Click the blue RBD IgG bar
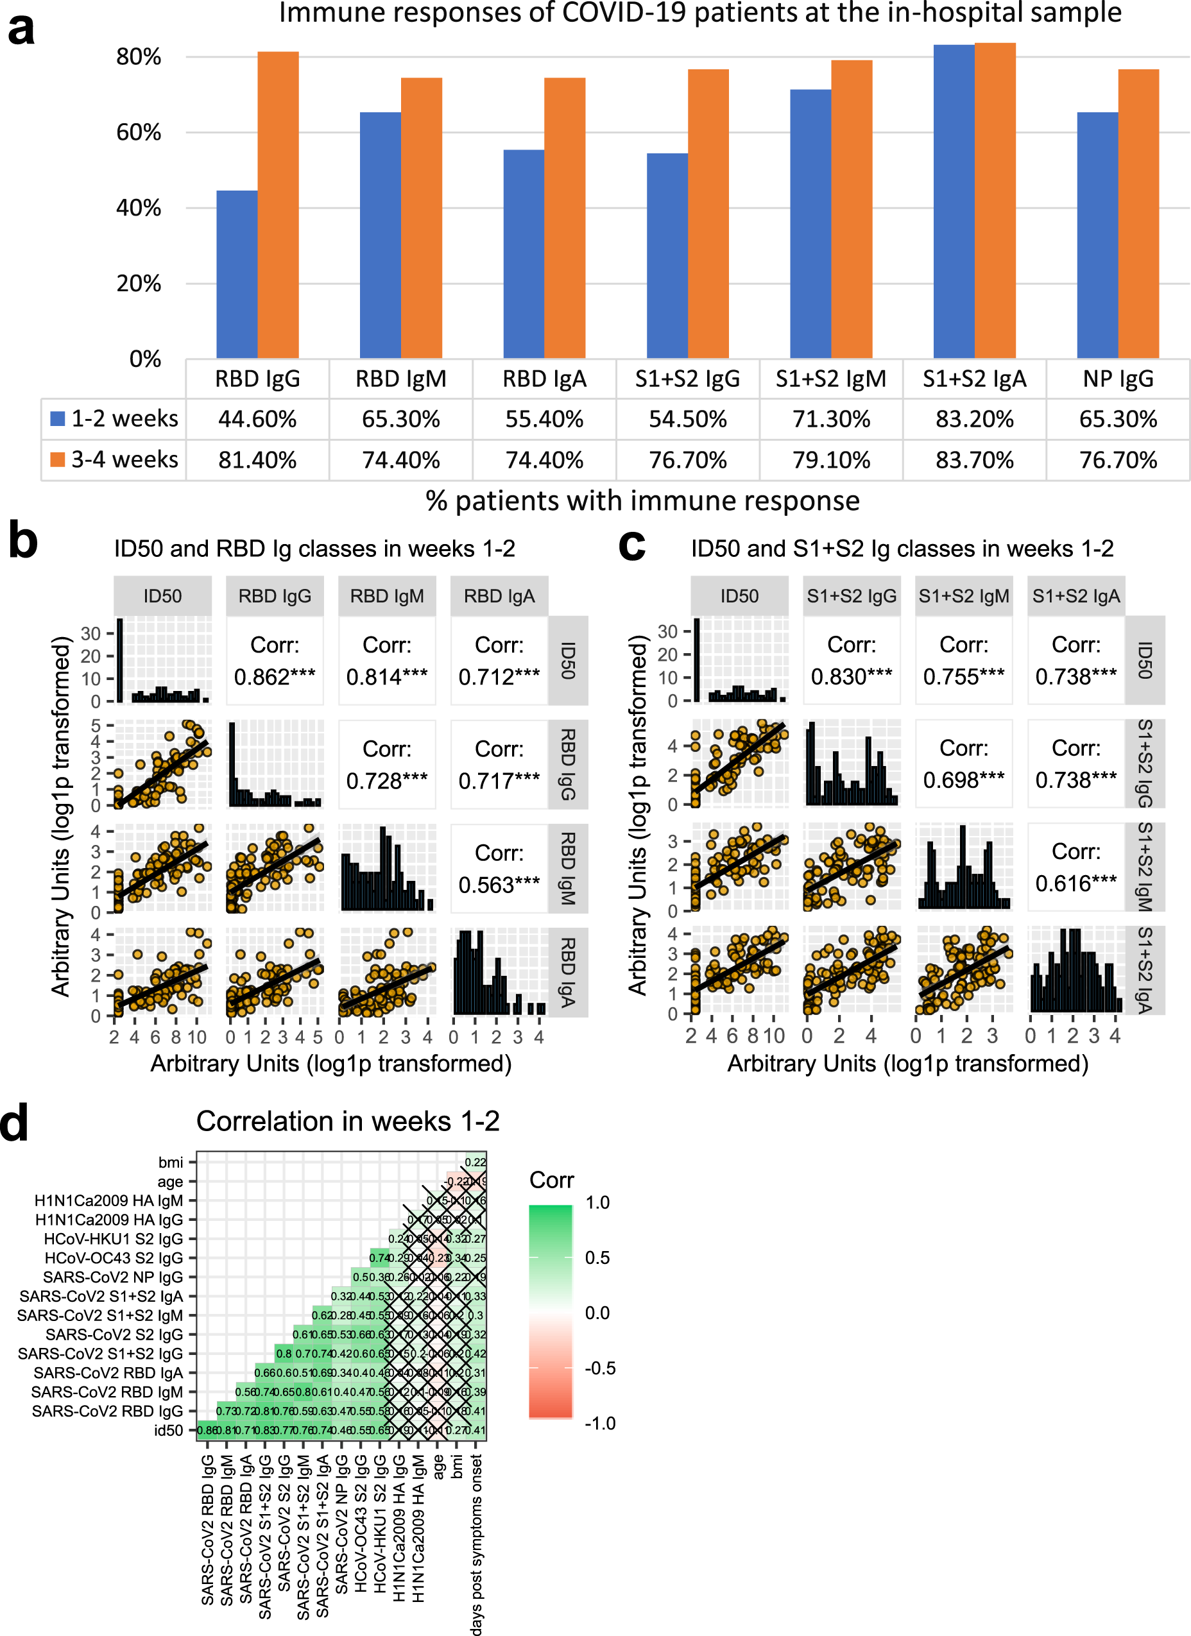237,274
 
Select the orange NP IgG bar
1138,214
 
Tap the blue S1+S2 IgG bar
667,256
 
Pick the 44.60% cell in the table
257,419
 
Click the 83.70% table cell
974,459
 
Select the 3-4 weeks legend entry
115,459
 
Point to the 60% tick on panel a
139,133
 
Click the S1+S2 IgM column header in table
830,379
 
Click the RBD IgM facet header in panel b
387,596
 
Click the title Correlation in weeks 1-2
348,1121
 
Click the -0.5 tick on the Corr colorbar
599,1368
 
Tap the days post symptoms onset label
476,1544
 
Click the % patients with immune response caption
642,500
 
